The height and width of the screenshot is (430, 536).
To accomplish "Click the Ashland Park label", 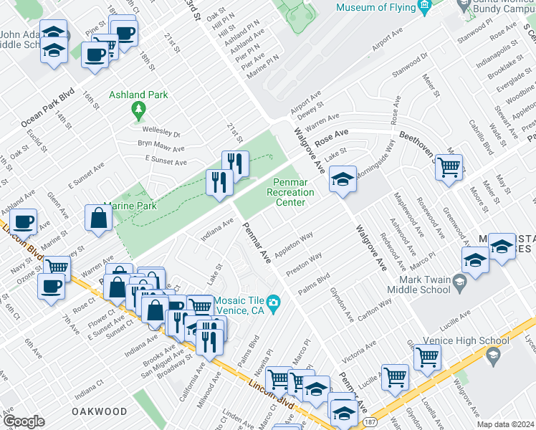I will tap(138, 95).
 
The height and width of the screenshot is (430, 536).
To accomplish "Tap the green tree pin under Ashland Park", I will tap(138, 110).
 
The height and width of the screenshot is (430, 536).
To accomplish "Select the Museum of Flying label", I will tap(376, 8).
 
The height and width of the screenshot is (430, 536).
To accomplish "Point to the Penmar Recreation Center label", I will tap(290, 192).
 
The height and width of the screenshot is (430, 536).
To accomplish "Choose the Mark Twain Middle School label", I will tap(418, 285).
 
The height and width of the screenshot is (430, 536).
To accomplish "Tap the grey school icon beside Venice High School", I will tap(492, 355).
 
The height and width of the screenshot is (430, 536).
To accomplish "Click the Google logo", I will tap(24, 421).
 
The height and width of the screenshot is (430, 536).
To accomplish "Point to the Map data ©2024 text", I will tap(506, 424).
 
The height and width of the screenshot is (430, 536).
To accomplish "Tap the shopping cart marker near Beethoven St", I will tap(449, 168).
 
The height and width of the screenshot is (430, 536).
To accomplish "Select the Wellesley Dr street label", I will tap(162, 134).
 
